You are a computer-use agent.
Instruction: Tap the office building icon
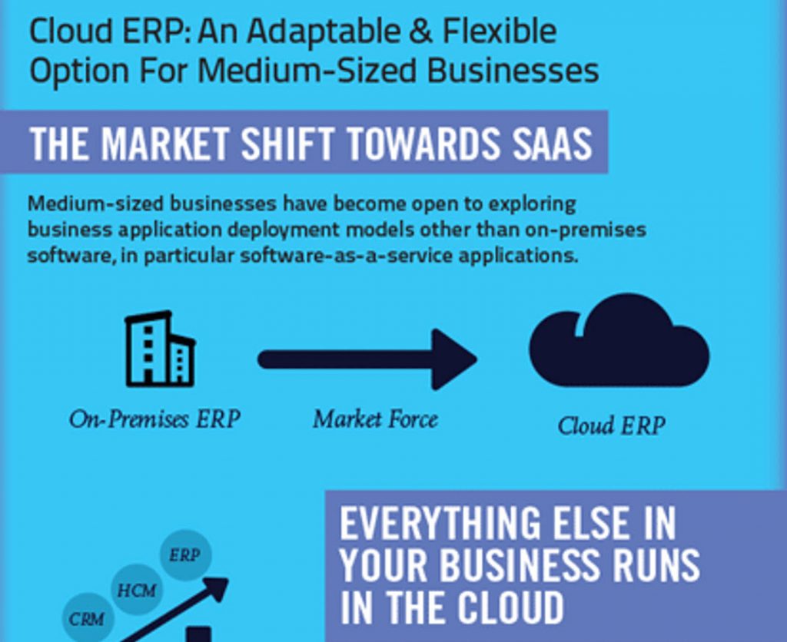(160, 349)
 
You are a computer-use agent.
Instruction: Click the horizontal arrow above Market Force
(367, 359)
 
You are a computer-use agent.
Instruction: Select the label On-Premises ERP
(154, 419)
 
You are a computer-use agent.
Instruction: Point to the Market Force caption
(375, 419)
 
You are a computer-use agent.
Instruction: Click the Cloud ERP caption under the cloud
(611, 426)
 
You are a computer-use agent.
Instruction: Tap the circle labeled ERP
(185, 555)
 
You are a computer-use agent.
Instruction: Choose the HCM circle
(137, 590)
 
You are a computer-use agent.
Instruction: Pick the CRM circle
(88, 619)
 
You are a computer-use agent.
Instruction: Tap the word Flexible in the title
(499, 31)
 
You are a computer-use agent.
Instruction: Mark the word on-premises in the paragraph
(585, 230)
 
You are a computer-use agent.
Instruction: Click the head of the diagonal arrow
(217, 587)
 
